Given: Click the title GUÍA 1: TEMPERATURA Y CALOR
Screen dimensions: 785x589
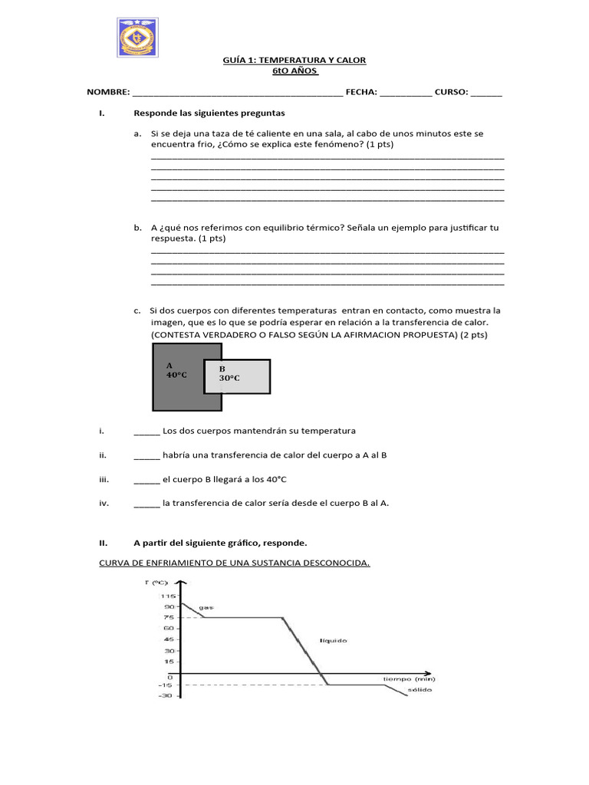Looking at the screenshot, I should [x=294, y=61].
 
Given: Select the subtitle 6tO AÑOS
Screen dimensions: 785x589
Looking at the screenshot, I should [x=294, y=71].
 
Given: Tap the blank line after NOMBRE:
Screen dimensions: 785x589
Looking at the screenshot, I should [x=238, y=94].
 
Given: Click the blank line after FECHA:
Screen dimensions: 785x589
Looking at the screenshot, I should [x=405, y=94].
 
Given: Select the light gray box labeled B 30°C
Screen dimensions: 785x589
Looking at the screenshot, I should [x=238, y=376].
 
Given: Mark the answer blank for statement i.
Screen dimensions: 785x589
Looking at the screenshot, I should [x=146, y=432].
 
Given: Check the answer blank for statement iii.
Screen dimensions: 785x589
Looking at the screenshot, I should [x=146, y=480].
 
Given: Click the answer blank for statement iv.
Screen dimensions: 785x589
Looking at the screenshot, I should [x=146, y=504].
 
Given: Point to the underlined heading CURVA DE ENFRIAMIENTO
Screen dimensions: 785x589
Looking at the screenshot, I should [x=235, y=563].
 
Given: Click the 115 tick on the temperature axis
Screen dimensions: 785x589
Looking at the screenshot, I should [x=169, y=596].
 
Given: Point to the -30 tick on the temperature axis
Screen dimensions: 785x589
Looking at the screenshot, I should [x=166, y=696].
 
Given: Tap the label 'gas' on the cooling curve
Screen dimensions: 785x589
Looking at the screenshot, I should [x=206, y=608].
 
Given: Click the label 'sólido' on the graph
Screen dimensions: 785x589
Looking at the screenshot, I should [x=420, y=690].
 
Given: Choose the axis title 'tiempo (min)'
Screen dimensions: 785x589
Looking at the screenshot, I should [x=410, y=679].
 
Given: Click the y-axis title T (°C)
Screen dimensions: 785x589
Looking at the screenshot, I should [x=156, y=583].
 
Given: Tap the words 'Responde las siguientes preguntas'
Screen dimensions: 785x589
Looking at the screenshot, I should [x=209, y=113].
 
